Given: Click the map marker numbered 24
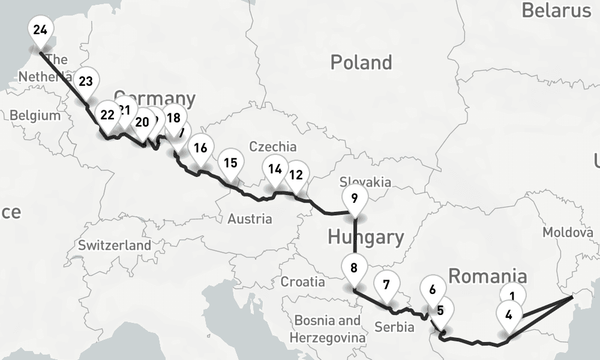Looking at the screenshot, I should (x=40, y=29).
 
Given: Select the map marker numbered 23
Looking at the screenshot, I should (x=86, y=82).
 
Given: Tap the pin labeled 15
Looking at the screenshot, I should (x=230, y=163).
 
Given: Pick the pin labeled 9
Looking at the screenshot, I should (x=355, y=199).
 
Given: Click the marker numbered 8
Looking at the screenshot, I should (x=354, y=268).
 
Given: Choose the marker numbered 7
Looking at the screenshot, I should (x=386, y=284).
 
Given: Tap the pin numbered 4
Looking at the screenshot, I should (x=509, y=314).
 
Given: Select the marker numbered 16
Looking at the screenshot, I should (x=200, y=148).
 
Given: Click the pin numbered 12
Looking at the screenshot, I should (x=296, y=175).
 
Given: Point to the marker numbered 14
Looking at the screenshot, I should (x=275, y=169).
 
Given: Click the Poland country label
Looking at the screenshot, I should (x=361, y=62).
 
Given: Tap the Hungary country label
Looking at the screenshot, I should (x=365, y=237).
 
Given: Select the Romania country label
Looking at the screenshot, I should (x=488, y=276).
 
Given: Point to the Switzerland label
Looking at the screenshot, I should (x=115, y=245).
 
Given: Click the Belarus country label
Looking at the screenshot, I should (x=556, y=10).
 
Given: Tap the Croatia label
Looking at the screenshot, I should (x=303, y=281).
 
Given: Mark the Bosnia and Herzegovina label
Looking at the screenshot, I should (x=327, y=329).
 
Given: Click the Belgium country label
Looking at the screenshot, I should (x=35, y=115).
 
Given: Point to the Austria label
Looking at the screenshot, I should (x=250, y=219).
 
